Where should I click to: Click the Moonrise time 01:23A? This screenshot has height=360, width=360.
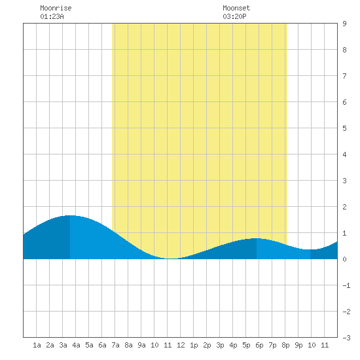click(x=52, y=16)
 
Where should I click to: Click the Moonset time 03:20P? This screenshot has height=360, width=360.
click(x=234, y=16)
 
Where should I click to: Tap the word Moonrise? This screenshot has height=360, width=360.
click(x=56, y=8)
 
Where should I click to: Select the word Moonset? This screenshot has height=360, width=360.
click(x=236, y=8)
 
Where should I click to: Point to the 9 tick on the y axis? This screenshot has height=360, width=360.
click(x=344, y=24)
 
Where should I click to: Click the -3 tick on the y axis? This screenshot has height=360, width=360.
click(x=346, y=338)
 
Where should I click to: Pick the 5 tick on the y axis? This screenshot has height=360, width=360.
click(x=344, y=128)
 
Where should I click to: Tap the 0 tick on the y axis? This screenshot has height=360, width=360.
click(x=344, y=259)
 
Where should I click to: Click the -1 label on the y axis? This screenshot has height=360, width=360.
click(x=346, y=285)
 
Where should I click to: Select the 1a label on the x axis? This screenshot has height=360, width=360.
click(x=37, y=345)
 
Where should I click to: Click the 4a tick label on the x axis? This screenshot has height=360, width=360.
click(x=76, y=345)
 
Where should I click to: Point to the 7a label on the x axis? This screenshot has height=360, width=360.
click(x=115, y=345)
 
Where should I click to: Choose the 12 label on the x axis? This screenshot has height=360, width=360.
click(x=181, y=345)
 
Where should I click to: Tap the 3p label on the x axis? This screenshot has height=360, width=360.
click(x=220, y=345)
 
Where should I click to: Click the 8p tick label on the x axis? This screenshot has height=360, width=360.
click(x=285, y=345)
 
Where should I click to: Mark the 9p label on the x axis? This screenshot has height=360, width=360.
click(x=298, y=345)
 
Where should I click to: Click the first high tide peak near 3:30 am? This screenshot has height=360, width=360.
click(x=70, y=215)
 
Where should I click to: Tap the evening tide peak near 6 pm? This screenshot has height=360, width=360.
click(x=256, y=238)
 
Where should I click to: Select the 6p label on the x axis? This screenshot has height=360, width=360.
click(x=259, y=345)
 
